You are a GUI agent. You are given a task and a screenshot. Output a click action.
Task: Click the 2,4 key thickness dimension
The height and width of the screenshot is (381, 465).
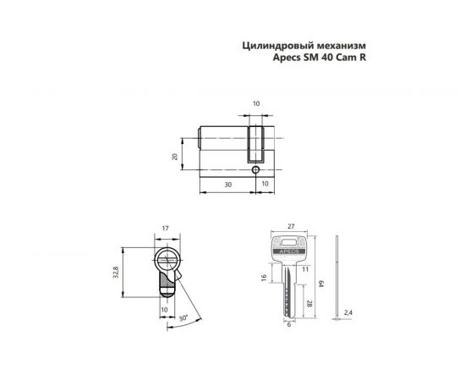click(x=347, y=312)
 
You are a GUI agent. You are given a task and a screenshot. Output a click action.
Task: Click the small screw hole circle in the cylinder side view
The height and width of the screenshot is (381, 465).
click(x=255, y=169)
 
